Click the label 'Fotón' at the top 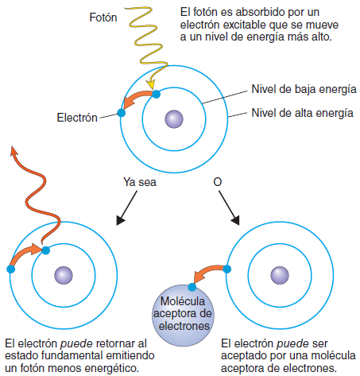point(104,16)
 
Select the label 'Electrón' point(76,118)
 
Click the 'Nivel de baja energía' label point(303,89)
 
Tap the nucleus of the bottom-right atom point(277,275)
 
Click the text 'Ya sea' point(140,182)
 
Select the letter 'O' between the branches point(218,182)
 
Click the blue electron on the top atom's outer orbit point(122,112)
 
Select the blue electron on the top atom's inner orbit point(157,94)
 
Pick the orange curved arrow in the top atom point(137,99)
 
